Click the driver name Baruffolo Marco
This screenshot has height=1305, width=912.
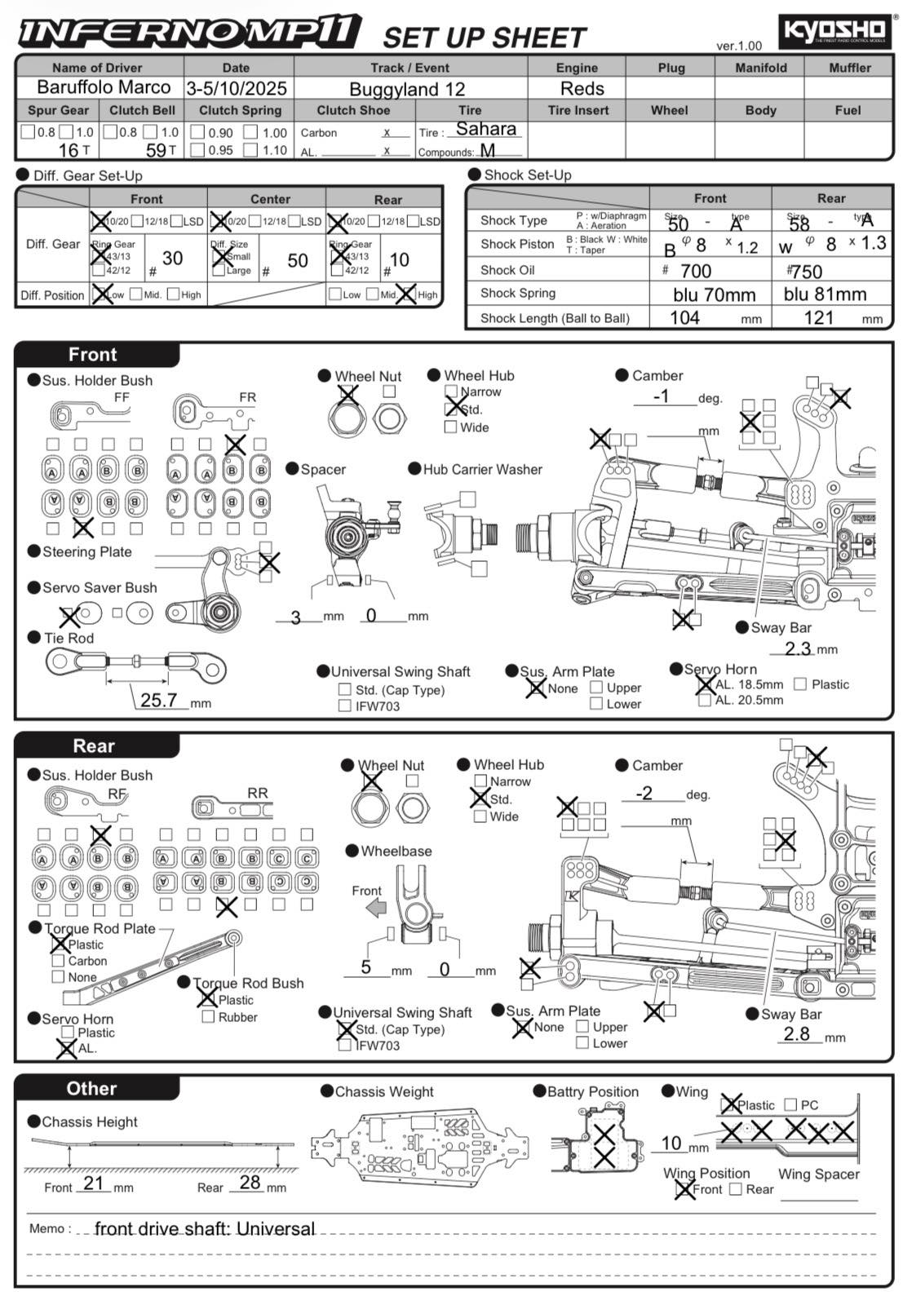[104, 87]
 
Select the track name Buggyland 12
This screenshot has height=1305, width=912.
[407, 89]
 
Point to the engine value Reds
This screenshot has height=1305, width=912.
[582, 88]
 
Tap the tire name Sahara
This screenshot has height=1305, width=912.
[485, 129]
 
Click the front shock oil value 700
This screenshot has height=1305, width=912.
[696, 271]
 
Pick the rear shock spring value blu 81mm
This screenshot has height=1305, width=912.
[825, 294]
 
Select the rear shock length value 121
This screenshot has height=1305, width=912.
[818, 317]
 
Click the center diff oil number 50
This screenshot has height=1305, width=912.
[298, 260]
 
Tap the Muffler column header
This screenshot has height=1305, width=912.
[849, 68]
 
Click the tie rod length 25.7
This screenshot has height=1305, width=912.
[158, 700]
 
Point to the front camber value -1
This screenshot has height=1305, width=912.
[662, 396]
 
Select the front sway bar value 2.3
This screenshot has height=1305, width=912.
[798, 648]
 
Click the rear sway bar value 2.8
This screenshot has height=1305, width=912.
[796, 1034]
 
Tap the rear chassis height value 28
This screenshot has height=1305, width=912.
[250, 1183]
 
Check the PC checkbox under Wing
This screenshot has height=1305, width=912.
[790, 1104]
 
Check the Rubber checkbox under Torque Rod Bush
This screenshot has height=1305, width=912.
[208, 1017]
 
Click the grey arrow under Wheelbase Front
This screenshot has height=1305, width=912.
[376, 908]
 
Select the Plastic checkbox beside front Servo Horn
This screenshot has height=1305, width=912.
[800, 684]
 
